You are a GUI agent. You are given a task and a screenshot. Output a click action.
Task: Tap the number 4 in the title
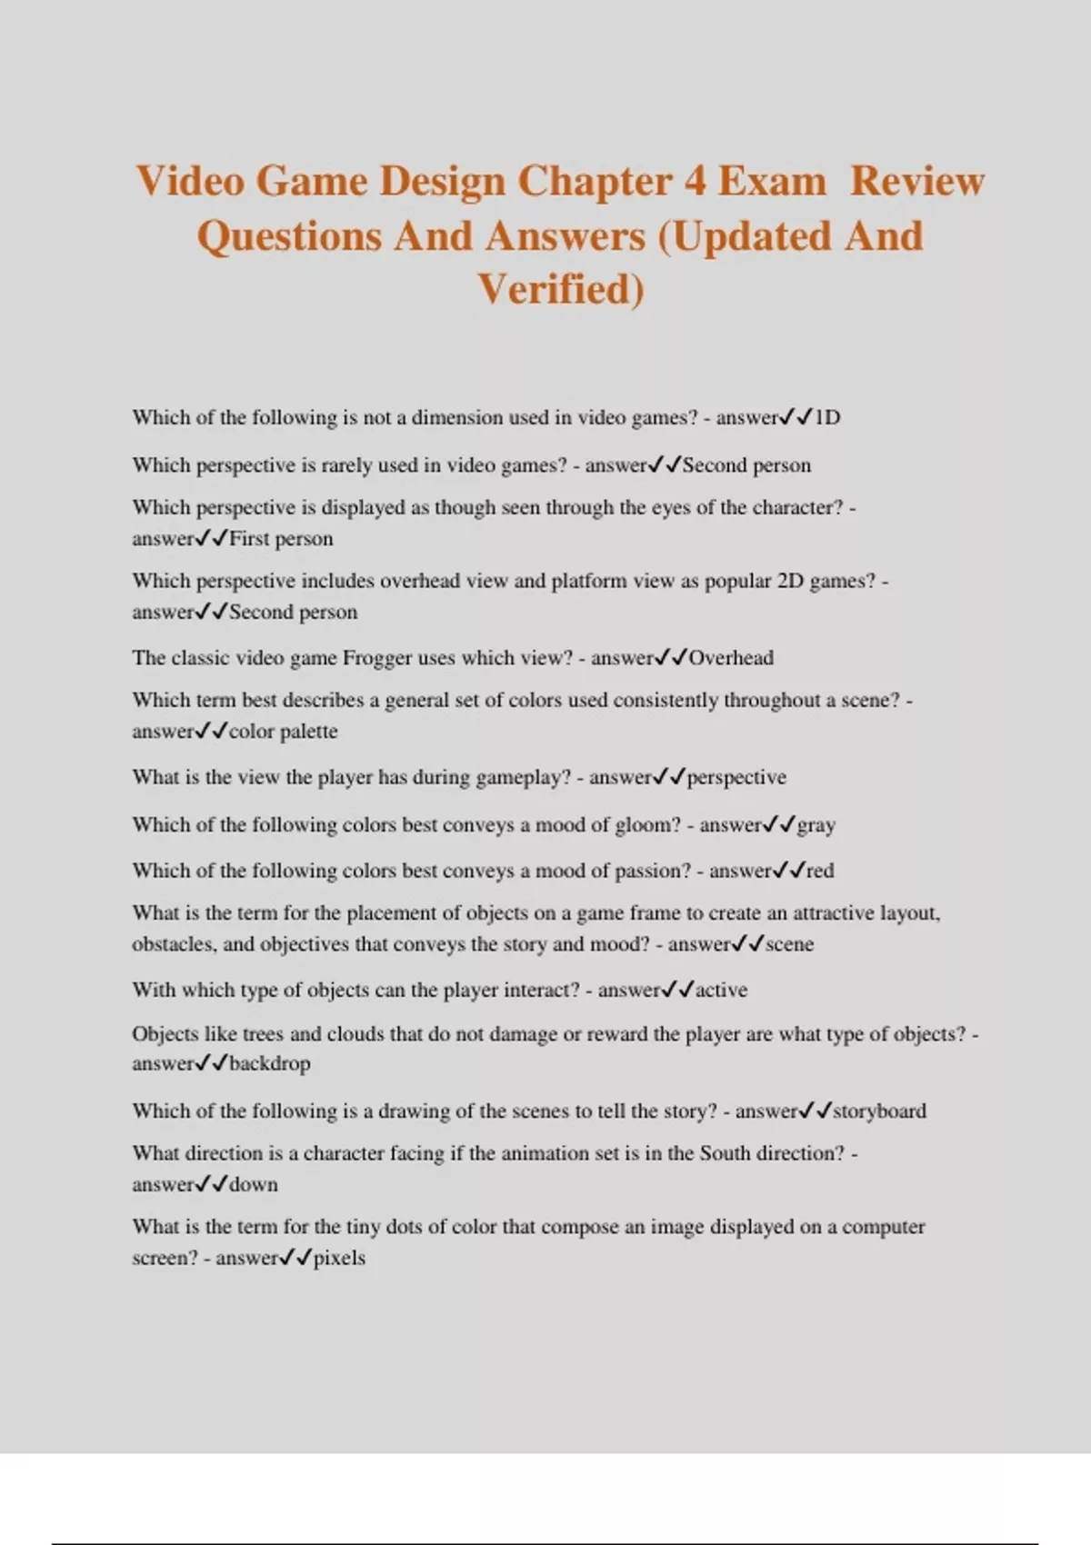tap(695, 182)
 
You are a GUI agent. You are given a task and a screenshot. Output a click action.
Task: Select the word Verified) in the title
tap(561, 289)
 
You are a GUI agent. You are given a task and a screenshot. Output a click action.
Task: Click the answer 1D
tap(827, 418)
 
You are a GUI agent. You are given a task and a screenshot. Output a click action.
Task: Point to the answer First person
tap(281, 539)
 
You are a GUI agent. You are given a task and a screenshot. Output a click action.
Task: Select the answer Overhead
tap(731, 658)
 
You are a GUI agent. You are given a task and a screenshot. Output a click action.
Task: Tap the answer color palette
tap(283, 732)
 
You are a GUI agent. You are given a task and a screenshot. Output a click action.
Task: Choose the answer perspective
tap(736, 778)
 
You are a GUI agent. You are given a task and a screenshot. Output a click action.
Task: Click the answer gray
tap(816, 825)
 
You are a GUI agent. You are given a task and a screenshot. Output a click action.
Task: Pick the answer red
tap(819, 871)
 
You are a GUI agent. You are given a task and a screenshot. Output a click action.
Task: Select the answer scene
tap(789, 944)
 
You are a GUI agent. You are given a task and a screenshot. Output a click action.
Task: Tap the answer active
tap(721, 991)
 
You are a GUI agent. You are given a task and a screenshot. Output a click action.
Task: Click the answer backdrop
tap(269, 1063)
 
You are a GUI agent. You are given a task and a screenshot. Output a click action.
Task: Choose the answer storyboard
tap(879, 1111)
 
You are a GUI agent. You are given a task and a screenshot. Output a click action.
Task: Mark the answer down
tap(254, 1185)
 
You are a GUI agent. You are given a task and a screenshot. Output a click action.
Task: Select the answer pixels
tap(339, 1259)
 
